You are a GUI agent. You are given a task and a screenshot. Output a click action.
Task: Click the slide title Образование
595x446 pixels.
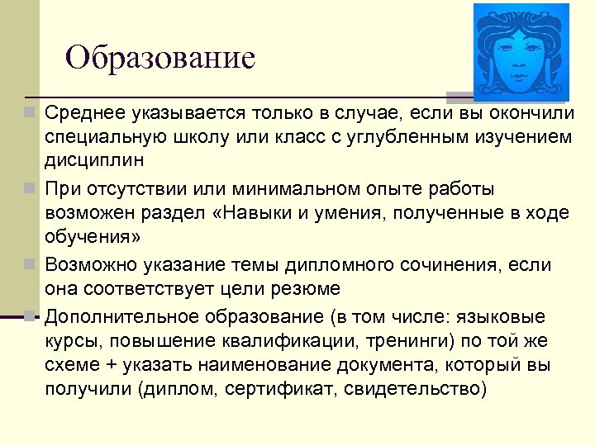(160, 58)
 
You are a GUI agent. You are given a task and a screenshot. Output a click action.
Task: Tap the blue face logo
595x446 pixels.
(521, 52)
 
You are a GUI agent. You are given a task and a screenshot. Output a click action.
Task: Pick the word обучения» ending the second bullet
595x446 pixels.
(93, 237)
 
